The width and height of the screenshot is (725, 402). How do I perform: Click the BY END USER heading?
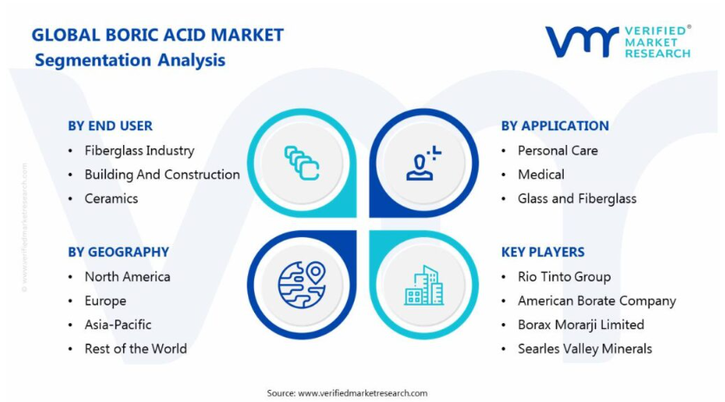coord(110,126)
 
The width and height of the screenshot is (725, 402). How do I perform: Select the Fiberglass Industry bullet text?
coord(139,150)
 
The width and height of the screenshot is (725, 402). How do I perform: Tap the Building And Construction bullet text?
coord(162,175)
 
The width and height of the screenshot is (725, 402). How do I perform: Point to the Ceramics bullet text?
coord(111,199)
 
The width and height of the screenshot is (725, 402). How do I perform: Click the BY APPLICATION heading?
coord(555,126)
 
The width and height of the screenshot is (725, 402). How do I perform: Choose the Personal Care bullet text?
coord(558,150)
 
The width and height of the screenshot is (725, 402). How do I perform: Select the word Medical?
coord(541,175)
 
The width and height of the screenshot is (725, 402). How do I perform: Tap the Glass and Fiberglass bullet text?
coord(577,199)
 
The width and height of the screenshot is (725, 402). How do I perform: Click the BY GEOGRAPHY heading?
coord(118,252)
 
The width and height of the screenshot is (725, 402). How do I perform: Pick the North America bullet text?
coord(127,277)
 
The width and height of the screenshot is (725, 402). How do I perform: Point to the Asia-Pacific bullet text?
coord(118,325)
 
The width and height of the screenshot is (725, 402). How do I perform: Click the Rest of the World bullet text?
coord(135,349)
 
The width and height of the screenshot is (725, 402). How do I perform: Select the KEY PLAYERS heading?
coord(543,252)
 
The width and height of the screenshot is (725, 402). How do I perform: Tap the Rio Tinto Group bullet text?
coord(564,277)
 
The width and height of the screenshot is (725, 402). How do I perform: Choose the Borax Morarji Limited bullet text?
coord(581,325)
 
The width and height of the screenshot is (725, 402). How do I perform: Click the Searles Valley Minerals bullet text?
coord(585,349)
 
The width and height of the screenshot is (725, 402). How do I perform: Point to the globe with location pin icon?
coord(302,285)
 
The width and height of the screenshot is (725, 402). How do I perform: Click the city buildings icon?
coord(424,286)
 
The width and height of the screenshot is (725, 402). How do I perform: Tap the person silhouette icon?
coord(423,163)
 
